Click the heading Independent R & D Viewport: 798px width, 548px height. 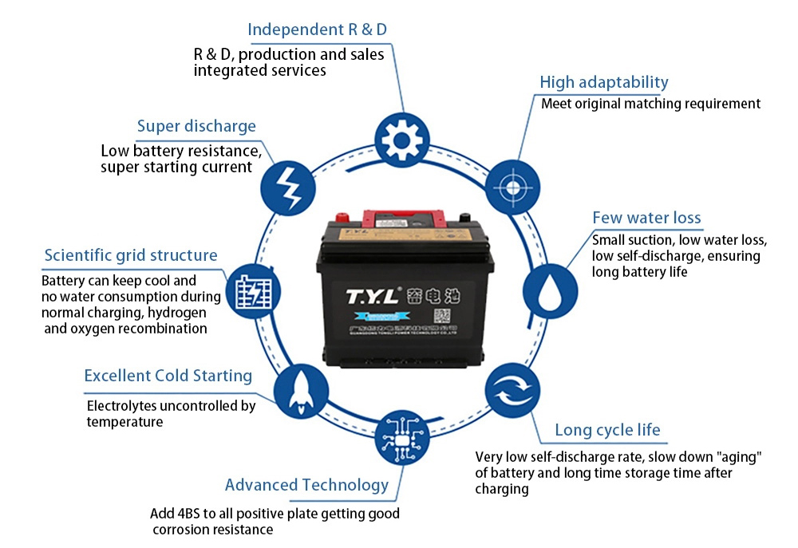318,30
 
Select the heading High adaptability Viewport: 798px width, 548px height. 604,82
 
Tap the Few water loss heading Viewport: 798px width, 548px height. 646,218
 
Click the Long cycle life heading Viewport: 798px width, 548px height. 607,431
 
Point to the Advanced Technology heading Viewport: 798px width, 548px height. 306,485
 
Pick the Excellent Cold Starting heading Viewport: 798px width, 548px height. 168,376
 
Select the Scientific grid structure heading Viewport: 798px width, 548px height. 131,255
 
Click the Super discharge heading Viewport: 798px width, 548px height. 196,126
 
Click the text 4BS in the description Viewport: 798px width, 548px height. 190,514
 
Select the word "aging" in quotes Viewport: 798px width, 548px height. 741,457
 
